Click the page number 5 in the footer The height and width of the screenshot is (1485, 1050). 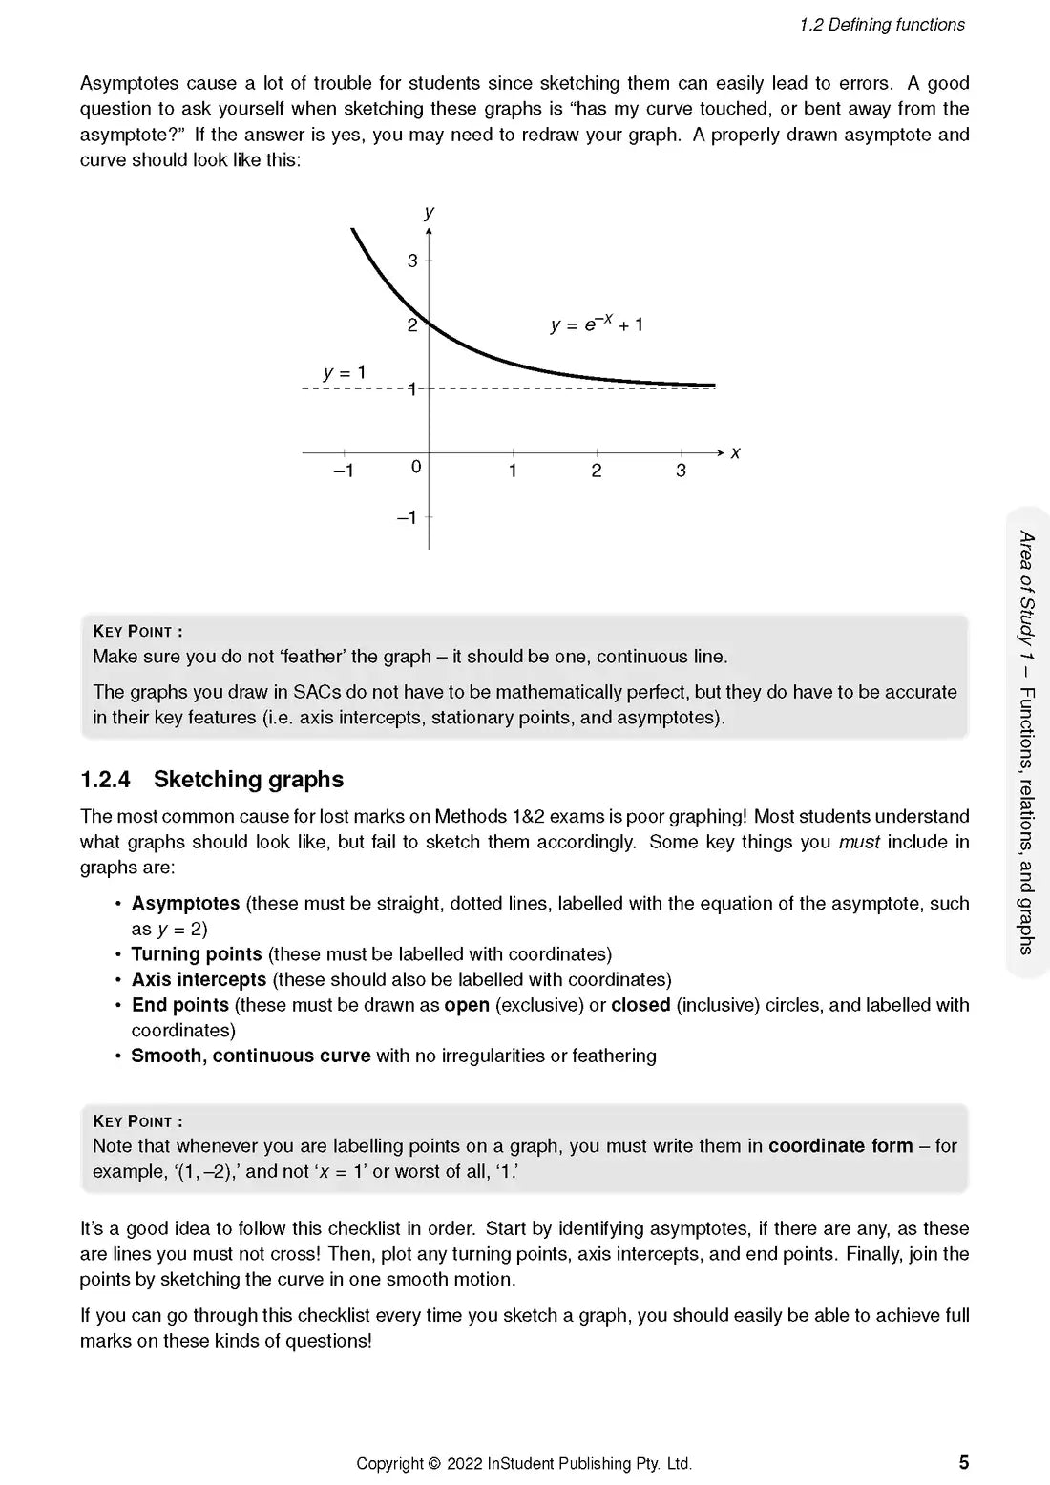[963, 1462]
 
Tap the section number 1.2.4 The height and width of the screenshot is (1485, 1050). [105, 780]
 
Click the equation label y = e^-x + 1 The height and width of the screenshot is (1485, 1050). [597, 324]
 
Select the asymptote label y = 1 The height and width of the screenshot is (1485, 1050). [345, 373]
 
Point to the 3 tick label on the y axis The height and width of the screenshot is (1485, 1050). [412, 261]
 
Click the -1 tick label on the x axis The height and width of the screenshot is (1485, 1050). [343, 471]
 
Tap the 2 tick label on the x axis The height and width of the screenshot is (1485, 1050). [597, 471]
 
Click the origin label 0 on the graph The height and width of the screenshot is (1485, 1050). [416, 467]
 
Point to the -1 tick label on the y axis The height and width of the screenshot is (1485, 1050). [407, 517]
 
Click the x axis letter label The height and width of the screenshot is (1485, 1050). [735, 453]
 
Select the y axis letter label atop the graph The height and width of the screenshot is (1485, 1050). [430, 212]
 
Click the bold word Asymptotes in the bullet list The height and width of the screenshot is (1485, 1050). [185, 903]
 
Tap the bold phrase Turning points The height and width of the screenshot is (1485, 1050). [197, 954]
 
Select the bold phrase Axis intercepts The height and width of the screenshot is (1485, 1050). [199, 979]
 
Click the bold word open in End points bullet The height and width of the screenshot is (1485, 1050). [467, 1005]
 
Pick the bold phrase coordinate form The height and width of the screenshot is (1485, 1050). [840, 1145]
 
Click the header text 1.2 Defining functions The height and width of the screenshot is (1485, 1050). [882, 25]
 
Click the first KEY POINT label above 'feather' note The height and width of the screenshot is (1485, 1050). [137, 632]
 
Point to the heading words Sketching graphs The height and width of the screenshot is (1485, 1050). [248, 780]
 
